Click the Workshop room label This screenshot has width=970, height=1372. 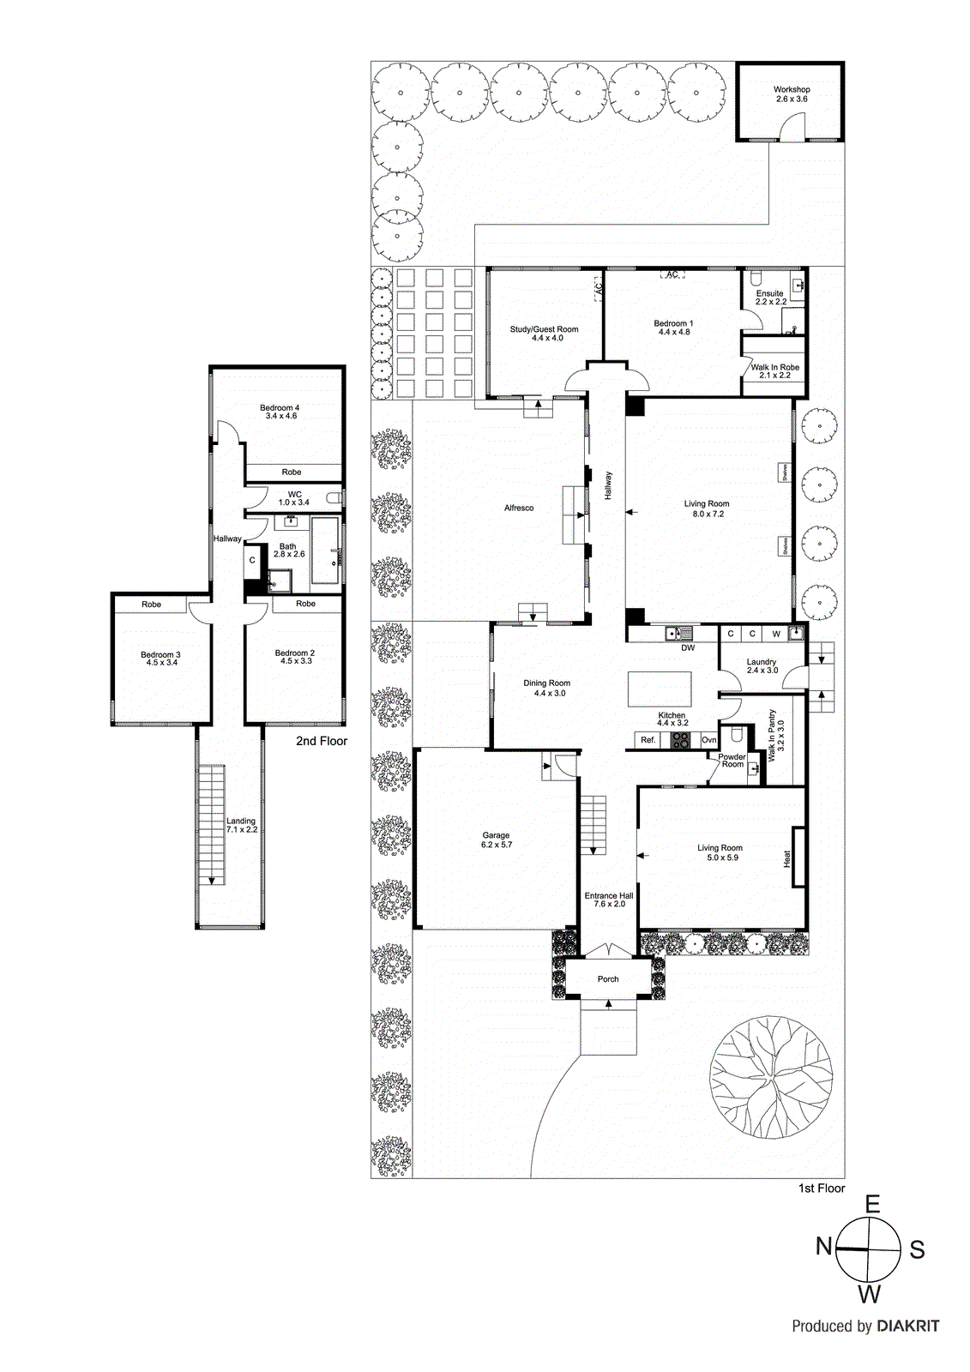click(x=791, y=93)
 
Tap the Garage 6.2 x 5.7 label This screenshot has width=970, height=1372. click(x=496, y=839)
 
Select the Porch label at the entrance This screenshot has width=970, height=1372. click(x=608, y=978)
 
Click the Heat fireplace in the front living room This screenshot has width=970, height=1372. click(x=798, y=857)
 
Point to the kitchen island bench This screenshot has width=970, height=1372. click(x=660, y=689)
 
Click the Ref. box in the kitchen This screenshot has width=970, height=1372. click(x=648, y=740)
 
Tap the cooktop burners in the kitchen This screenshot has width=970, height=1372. click(x=681, y=740)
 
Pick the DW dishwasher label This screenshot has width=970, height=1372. click(x=688, y=648)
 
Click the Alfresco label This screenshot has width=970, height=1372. click(x=519, y=508)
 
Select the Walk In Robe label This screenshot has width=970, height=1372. click(x=774, y=370)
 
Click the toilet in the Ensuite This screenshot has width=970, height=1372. click(x=756, y=280)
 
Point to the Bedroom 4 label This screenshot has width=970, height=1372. click(x=280, y=412)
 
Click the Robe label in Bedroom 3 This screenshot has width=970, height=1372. click(x=151, y=605)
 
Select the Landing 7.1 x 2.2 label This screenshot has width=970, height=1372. click(x=241, y=825)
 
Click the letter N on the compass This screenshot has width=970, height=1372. click(x=823, y=1246)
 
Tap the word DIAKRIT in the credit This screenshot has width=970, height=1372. click(x=908, y=1326)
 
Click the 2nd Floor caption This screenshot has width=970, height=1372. click(x=322, y=741)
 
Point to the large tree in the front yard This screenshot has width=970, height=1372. click(x=772, y=1074)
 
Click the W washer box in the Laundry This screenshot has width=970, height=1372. click(x=776, y=634)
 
